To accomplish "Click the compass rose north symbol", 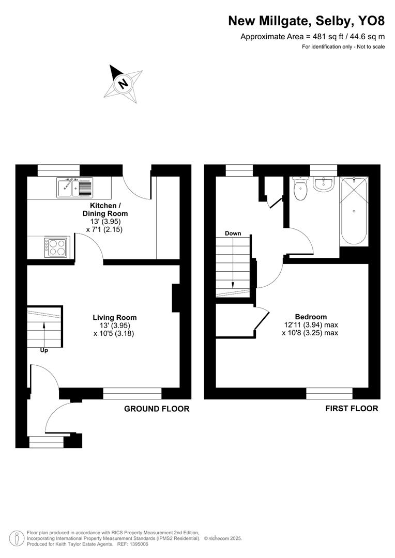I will (x=123, y=83).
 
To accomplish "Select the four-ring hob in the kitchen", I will (x=56, y=247).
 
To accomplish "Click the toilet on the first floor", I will (x=300, y=189).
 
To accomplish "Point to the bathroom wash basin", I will (x=324, y=183).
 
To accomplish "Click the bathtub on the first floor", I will (x=354, y=212).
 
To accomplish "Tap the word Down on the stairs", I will (x=233, y=234).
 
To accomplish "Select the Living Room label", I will (x=115, y=317).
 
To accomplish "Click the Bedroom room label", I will (x=311, y=317).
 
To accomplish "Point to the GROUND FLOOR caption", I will (x=157, y=409).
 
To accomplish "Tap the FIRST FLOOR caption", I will (x=352, y=408).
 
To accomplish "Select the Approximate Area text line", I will (x=312, y=37).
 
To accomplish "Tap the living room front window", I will (x=132, y=394).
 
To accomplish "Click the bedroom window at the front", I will (x=329, y=394).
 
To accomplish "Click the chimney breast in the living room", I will (x=176, y=298).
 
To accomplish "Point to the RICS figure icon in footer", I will (x=17, y=538).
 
